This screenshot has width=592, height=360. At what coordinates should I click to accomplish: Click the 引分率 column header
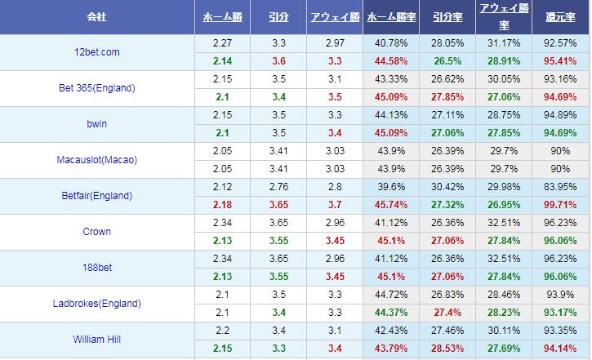[447, 16]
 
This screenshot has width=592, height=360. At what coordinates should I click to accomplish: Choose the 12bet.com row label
[96, 52]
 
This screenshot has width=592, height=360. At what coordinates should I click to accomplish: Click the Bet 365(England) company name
[96, 88]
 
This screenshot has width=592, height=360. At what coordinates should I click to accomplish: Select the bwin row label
[96, 124]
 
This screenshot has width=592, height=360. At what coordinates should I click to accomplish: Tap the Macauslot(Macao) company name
[96, 160]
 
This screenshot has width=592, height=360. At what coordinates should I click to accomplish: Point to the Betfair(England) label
[96, 196]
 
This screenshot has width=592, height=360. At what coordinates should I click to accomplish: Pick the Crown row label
[96, 232]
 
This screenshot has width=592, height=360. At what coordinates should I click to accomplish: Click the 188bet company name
[96, 268]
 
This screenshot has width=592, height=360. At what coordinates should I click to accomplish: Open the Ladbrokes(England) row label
[96, 304]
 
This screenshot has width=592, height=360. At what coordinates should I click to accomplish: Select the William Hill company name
[96, 340]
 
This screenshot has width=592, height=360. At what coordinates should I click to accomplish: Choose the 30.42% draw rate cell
[447, 187]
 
